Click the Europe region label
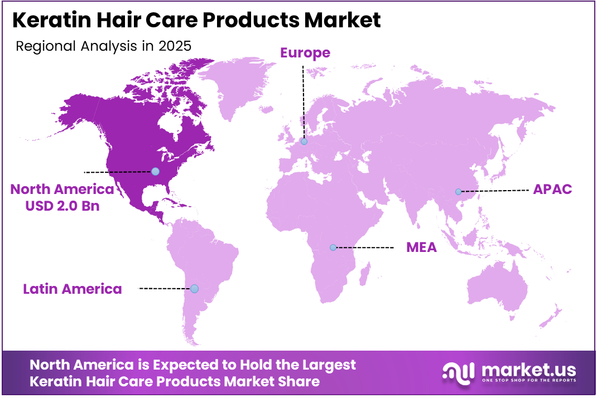pos(305,53)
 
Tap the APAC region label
pos(552,189)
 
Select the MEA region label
pos(421,247)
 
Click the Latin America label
pos(73,289)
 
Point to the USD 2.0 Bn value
pos(62,205)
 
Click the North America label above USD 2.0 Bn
pos(62,189)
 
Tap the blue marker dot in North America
pos(155,171)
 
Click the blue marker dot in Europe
pos(304,142)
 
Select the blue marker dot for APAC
pos(458,192)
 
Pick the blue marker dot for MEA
pos(333,247)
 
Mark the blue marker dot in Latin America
pos(194,289)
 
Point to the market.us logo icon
pos(458,372)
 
